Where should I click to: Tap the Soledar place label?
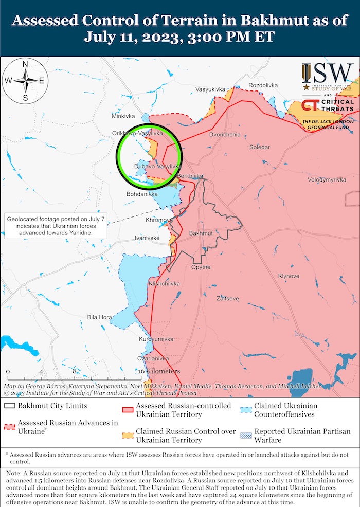pos(260,147)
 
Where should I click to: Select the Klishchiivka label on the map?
pos(164,283)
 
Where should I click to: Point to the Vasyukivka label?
pos(210,89)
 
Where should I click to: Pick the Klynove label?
pos(289,276)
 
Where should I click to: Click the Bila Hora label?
pos(99,317)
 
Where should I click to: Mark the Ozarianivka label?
pos(153,358)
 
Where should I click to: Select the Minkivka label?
pos(123,116)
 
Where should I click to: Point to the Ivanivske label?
pos(147,238)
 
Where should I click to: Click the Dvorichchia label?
pos(225,135)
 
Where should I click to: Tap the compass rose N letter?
pos(25,64)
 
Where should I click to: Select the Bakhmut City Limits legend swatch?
pos(9,406)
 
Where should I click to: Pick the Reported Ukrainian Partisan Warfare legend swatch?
pos(245,434)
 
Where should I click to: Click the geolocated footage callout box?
pos(56,226)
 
